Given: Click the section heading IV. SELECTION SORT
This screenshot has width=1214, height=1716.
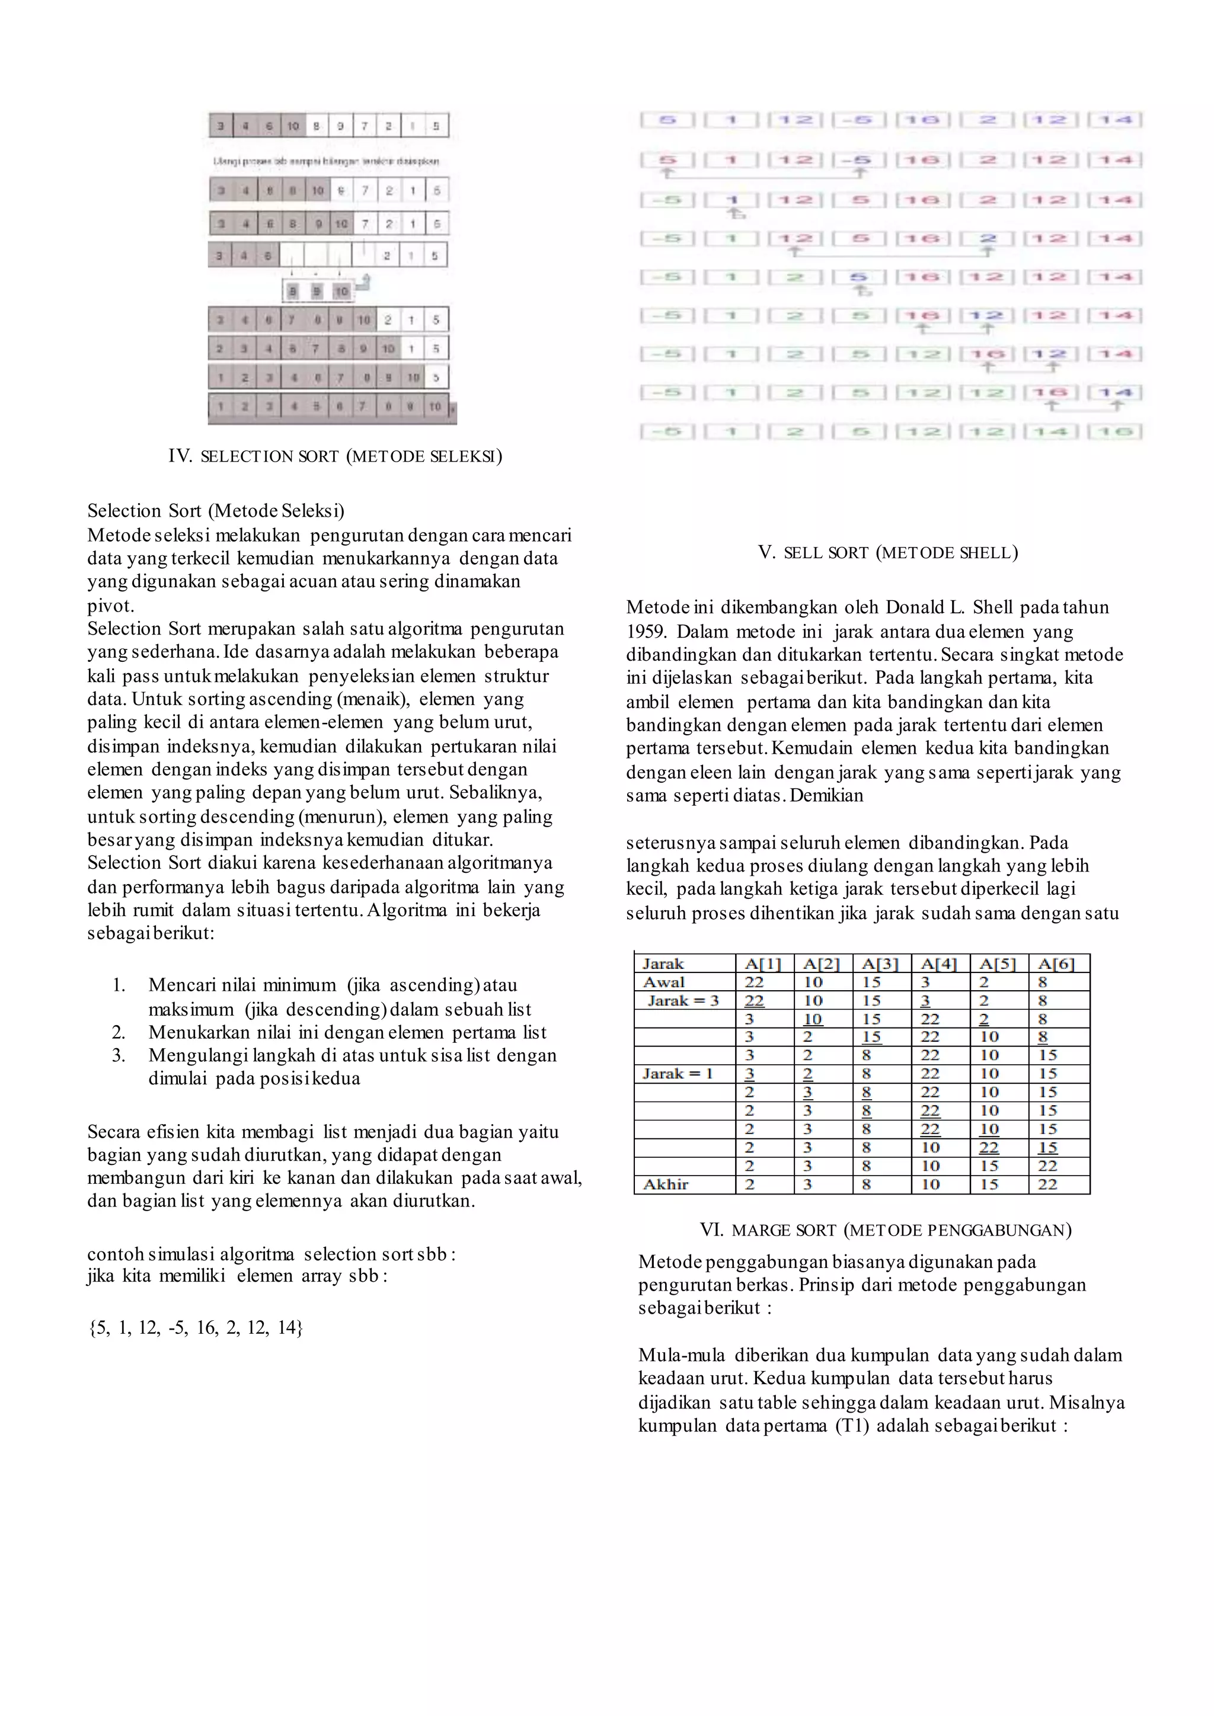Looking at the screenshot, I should click(335, 457).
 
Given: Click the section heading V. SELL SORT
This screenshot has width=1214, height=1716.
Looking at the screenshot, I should click(887, 553).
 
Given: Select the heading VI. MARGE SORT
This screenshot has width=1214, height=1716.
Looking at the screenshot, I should click(885, 1230).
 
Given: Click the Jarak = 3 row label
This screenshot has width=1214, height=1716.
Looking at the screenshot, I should click(682, 1001).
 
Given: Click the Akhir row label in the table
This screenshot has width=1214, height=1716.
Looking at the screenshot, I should click(665, 1184).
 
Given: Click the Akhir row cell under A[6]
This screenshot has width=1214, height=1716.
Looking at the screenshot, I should click(1047, 1184).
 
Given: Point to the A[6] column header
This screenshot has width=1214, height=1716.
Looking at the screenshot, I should click(1056, 964).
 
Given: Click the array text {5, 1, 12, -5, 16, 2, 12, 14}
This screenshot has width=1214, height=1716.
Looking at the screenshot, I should click(195, 1328).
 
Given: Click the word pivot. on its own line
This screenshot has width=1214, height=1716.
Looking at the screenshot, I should click(111, 606).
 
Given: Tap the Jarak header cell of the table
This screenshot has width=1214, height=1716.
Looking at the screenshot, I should click(663, 964).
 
